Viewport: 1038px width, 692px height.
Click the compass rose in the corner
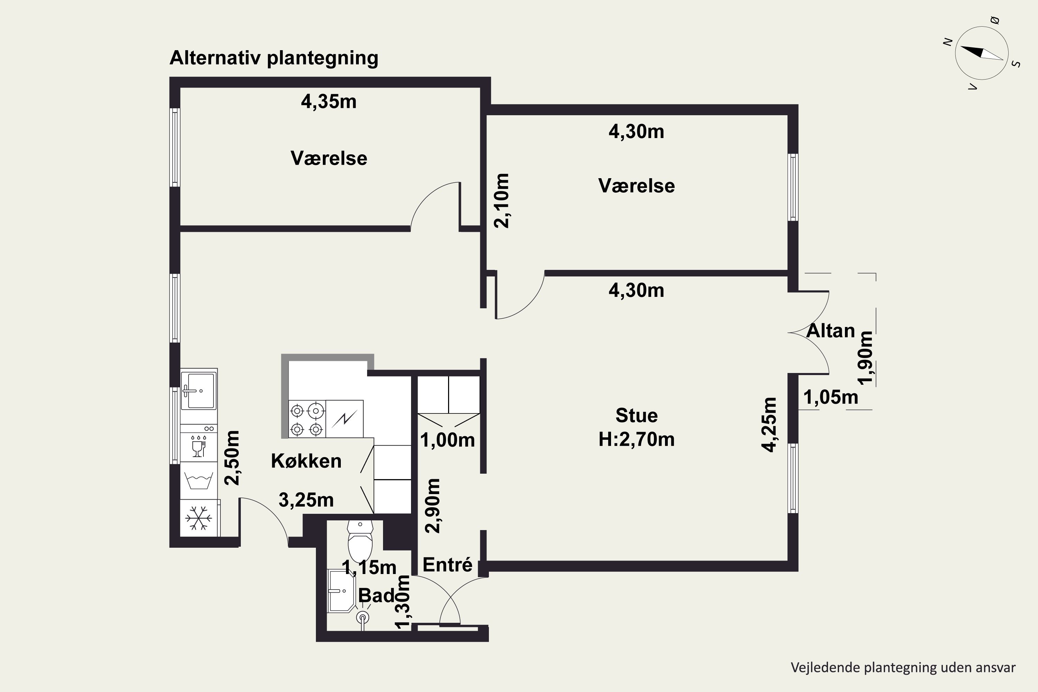982,53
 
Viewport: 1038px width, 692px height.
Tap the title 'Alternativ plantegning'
274,58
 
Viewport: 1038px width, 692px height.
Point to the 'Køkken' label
306,461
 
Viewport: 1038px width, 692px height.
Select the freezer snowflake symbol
198,518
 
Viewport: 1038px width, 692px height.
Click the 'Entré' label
447,565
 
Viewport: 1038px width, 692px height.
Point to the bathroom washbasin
341,591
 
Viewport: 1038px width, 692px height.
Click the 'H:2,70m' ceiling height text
636,439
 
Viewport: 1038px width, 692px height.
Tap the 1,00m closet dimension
447,440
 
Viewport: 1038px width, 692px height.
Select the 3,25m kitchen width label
306,500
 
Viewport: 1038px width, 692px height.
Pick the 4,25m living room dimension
769,425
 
